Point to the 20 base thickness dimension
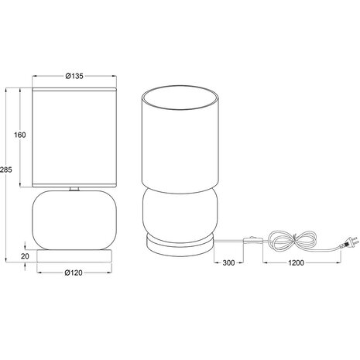coord(26,255)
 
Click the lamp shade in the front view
coord(74,135)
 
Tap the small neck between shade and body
coord(74,189)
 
